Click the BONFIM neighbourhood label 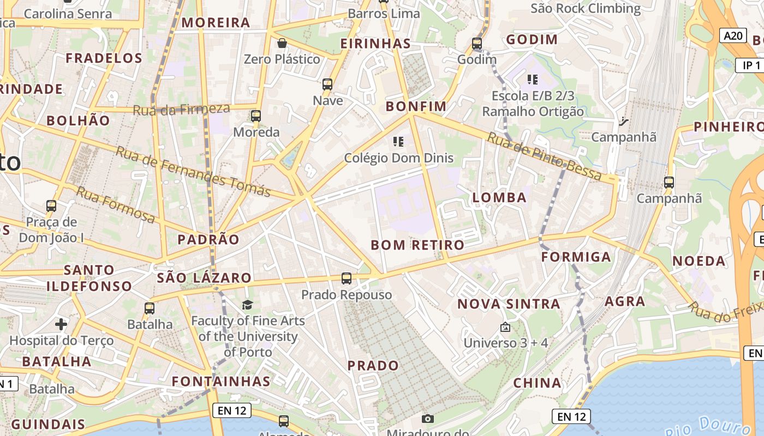416,106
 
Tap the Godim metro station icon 477,43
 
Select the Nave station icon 327,84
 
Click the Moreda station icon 256,116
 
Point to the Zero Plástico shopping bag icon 282,43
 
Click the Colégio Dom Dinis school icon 398,142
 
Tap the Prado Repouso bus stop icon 346,278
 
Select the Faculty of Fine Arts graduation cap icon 248,305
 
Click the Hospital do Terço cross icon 61,325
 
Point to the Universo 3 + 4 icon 505,327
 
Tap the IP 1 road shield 751,65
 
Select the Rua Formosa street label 115,204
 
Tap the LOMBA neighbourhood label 500,198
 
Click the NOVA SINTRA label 509,304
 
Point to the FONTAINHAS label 221,381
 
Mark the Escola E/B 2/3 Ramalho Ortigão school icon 533,80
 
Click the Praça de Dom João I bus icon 51,206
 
